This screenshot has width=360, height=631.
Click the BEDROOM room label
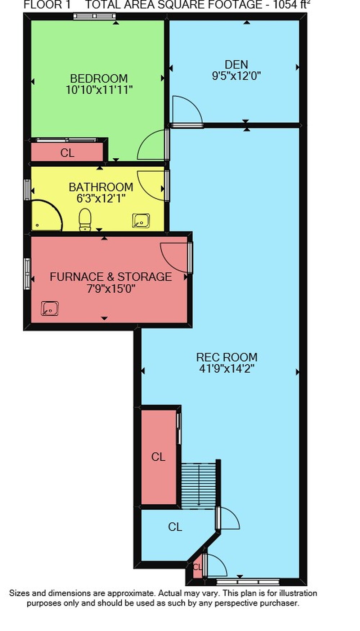pos(99,78)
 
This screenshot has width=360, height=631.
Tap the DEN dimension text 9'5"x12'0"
pos(237,76)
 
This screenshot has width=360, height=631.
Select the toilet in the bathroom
pos(85,220)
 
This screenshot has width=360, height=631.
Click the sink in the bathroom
pos(141,221)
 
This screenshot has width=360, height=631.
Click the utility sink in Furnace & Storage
pos(50,308)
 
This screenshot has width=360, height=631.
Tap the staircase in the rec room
pos(198,486)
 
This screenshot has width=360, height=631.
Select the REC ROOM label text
pos(227,357)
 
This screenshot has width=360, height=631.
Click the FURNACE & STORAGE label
pos(111,277)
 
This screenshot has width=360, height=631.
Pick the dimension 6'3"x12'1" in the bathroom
pos(101,198)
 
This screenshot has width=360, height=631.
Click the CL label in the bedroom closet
pos(67,153)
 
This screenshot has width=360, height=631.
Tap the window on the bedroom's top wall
pos(94,16)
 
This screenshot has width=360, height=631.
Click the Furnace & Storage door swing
pos(174,257)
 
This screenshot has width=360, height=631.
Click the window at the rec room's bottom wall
pos(248,582)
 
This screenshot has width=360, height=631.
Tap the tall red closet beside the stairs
pos(158,457)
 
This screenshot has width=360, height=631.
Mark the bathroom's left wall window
pos(27,189)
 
